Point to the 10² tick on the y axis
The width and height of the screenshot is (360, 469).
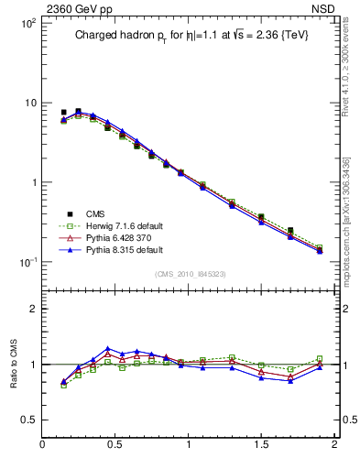point(27,23)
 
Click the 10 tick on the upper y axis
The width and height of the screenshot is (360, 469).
point(29,103)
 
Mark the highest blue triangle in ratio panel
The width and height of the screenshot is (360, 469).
point(108,349)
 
